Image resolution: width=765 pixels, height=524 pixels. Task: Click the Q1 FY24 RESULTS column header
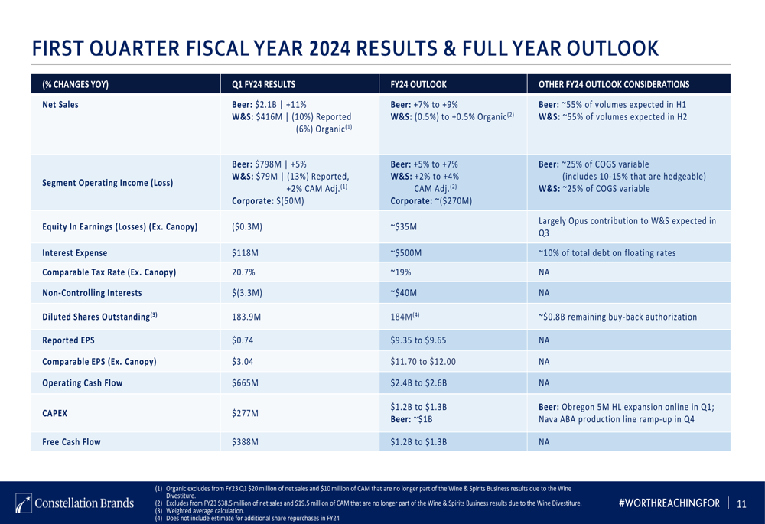263,84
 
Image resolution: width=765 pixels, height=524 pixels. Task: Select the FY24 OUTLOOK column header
418,84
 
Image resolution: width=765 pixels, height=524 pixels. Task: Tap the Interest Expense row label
74,253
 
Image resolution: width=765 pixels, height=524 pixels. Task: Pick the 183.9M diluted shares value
246,316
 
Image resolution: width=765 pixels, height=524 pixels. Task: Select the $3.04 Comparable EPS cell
244,361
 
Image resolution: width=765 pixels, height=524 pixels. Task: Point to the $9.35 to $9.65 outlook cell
418,341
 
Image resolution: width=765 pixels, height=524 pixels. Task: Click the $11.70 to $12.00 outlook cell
422,361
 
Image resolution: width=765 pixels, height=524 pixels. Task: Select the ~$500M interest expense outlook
406,253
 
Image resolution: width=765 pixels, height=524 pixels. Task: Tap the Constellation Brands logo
75,503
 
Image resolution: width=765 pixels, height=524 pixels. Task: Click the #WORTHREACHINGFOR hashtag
669,503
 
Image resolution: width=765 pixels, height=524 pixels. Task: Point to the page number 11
741,503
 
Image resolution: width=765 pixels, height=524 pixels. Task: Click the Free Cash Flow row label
71,441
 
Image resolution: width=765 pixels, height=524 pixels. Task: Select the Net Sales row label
60,105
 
